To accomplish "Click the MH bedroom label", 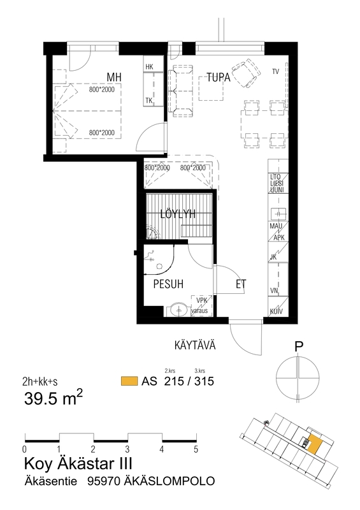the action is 114,77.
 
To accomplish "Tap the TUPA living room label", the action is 219,78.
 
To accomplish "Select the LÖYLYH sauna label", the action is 178,214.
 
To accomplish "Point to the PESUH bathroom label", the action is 168,284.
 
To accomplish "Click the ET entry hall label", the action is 241,284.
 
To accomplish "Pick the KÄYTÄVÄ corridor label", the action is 195,345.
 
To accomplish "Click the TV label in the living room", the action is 275,71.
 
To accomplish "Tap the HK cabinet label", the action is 149,67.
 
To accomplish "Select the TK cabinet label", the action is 149,101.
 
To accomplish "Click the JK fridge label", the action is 273,258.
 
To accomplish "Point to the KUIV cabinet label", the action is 276,312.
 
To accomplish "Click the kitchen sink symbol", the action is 278,214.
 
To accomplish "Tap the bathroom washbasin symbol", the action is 179,310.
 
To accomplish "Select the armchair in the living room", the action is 246,73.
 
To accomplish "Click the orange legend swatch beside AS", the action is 129,381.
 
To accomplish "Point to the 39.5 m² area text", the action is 54,398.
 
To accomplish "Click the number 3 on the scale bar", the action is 127,449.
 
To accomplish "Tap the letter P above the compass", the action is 299,347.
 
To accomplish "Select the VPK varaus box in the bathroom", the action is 201,306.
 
